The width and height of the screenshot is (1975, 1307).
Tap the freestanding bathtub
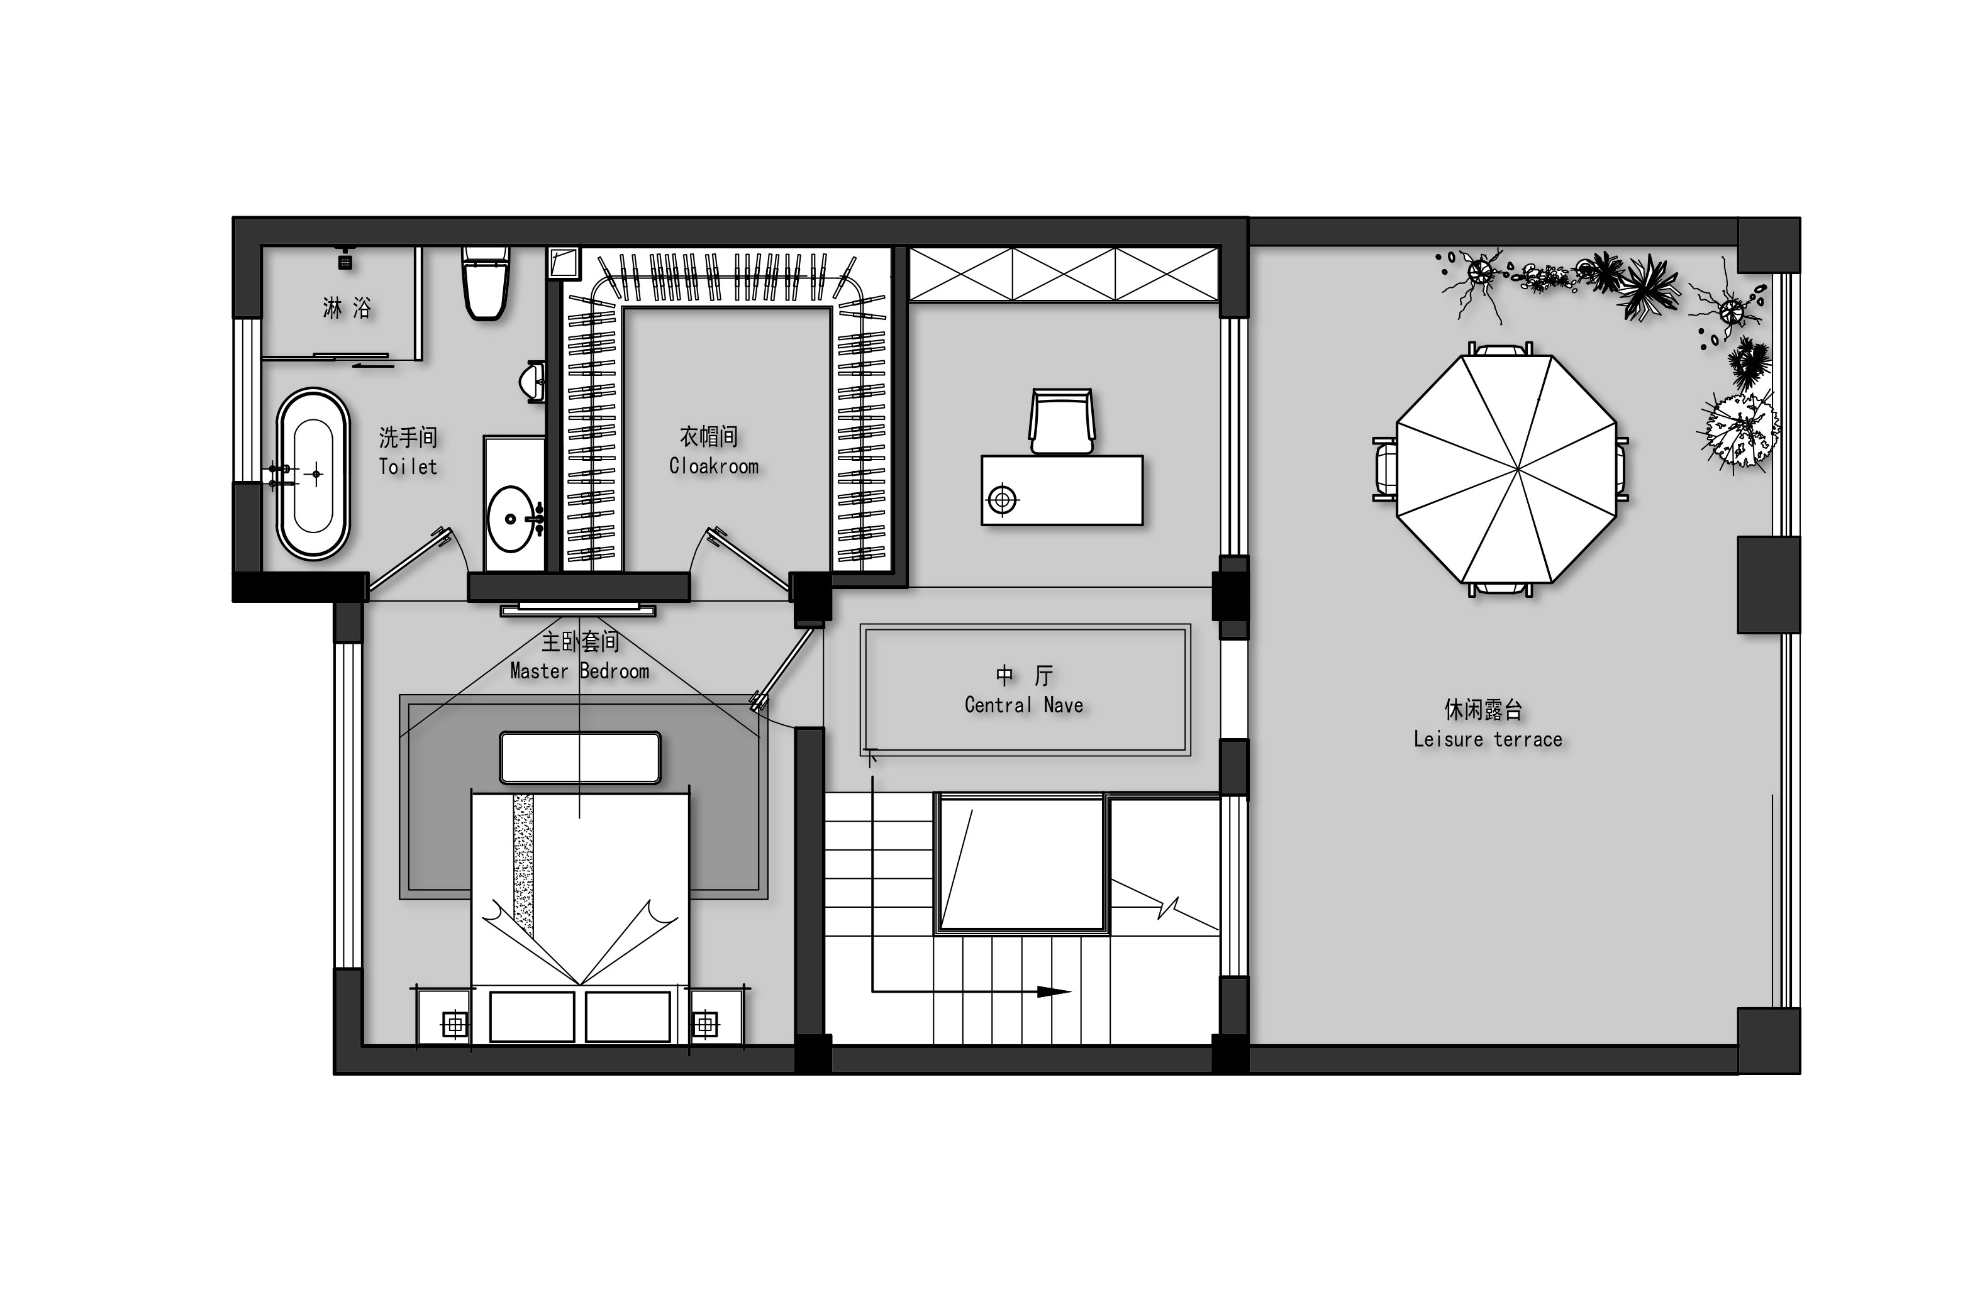[x=313, y=473]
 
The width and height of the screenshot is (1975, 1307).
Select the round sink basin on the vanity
[x=511, y=519]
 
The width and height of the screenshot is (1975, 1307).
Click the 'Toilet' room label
[x=408, y=466]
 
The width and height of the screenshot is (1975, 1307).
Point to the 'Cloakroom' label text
[x=714, y=466]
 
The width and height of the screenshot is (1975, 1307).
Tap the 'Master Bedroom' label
[x=580, y=671]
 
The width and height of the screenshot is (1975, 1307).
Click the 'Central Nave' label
[x=1024, y=705]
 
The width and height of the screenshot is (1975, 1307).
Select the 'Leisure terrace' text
[x=1488, y=739]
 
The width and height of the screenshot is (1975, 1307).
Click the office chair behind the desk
[x=1061, y=421]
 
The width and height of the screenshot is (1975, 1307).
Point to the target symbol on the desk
[x=1003, y=500]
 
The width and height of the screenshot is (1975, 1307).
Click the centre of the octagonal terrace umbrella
[x=1506, y=469]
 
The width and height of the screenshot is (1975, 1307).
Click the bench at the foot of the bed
[x=580, y=758]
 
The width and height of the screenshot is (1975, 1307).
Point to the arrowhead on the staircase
[x=1054, y=992]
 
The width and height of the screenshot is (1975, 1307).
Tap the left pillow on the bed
[x=532, y=1016]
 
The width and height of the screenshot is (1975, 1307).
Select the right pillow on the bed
[x=628, y=1016]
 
